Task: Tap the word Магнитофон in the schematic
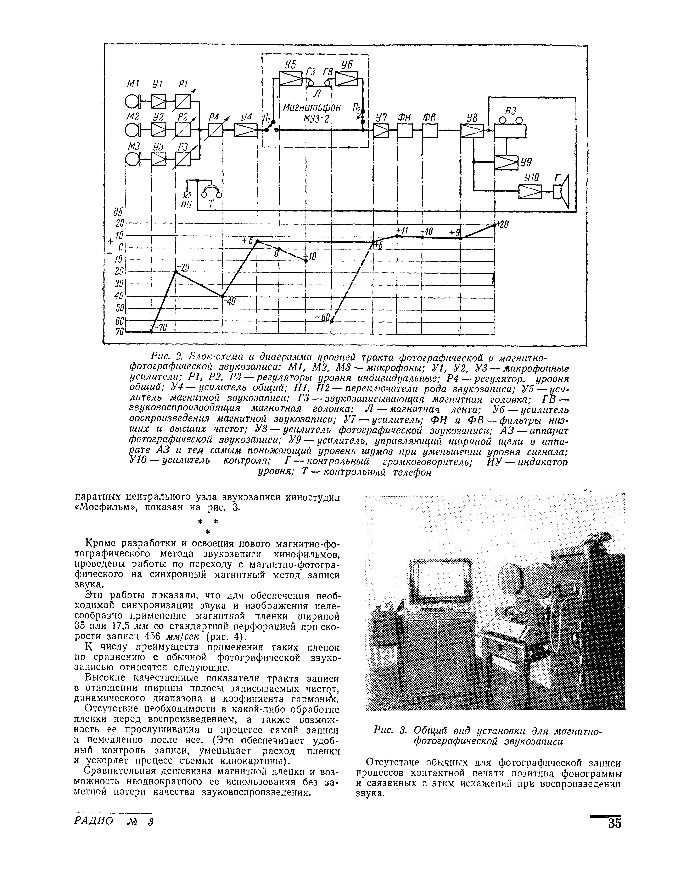(x=311, y=108)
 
